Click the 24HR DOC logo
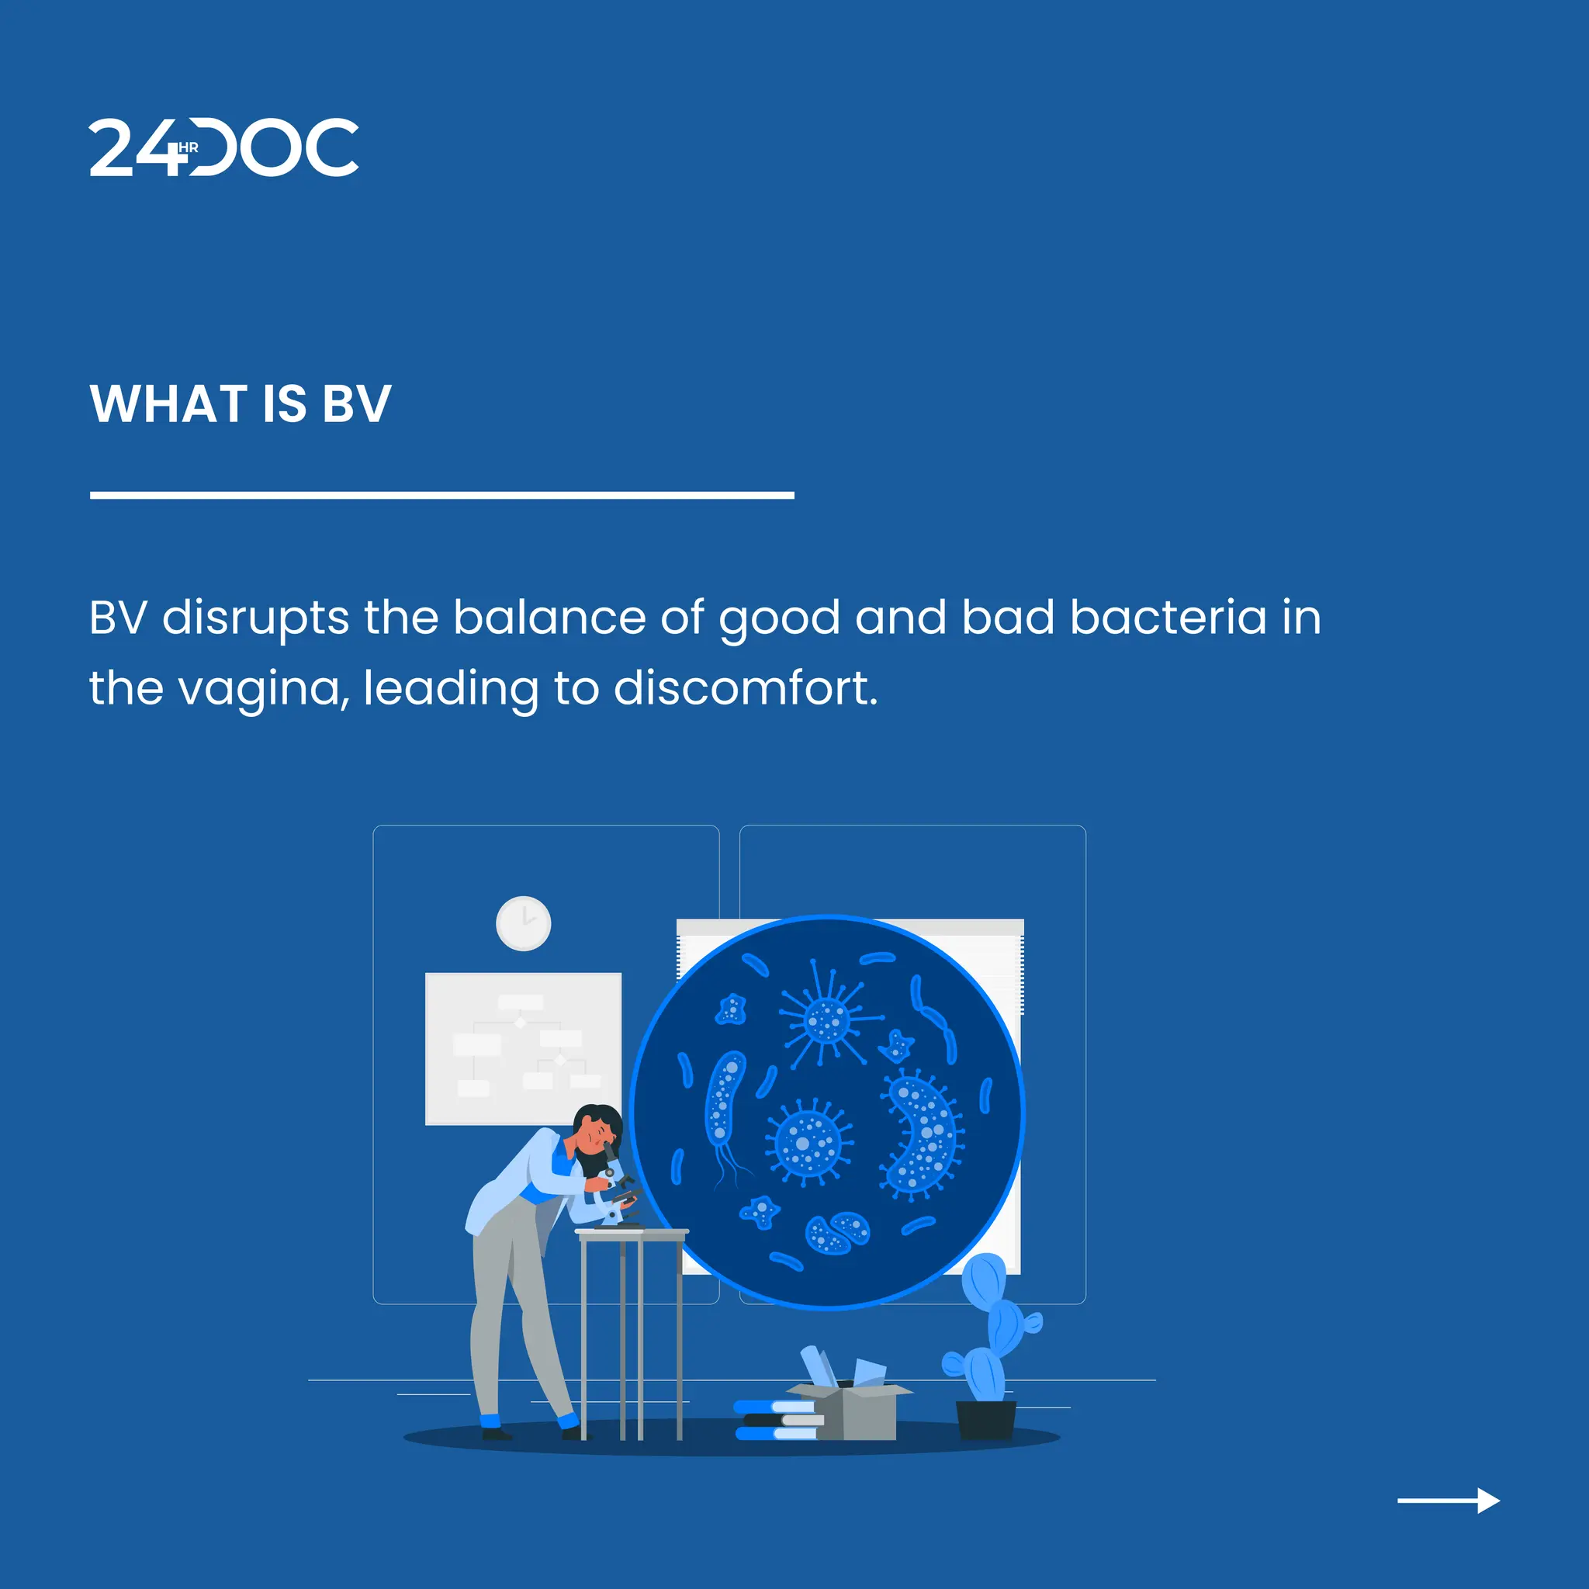click(x=223, y=147)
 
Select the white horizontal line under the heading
click(x=441, y=495)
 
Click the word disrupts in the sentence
click(x=256, y=617)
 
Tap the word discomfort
click(x=745, y=687)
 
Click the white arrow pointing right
click(x=1449, y=1501)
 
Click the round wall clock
click(x=523, y=923)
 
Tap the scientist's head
click(x=597, y=1128)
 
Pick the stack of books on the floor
click(x=778, y=1421)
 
